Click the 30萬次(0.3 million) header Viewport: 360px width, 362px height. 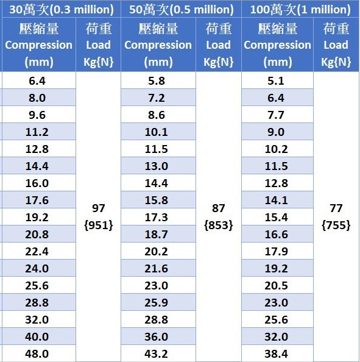click(x=62, y=10)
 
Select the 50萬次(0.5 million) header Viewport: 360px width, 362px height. click(x=182, y=10)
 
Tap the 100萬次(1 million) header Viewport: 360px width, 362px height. click(x=300, y=10)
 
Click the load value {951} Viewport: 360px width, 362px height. click(x=99, y=225)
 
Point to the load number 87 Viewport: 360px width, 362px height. click(x=218, y=208)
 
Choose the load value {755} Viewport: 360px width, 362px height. click(x=336, y=225)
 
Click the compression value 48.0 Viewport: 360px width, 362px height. click(x=37, y=353)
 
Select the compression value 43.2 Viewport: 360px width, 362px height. click(x=156, y=353)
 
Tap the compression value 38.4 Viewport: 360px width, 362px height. click(x=276, y=353)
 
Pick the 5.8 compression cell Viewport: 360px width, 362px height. click(x=157, y=81)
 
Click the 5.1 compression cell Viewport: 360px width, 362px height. click(x=276, y=81)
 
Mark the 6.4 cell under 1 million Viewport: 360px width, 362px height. click(x=276, y=98)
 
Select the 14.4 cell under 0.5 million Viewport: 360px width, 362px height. click(x=156, y=183)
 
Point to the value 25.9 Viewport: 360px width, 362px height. click(x=156, y=303)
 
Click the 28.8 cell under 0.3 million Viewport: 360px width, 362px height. click(x=37, y=303)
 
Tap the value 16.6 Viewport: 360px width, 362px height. click(x=276, y=235)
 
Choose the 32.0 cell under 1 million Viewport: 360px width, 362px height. click(x=276, y=337)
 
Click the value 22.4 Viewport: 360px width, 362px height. click(x=37, y=252)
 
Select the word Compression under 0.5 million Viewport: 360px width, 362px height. click(x=158, y=45)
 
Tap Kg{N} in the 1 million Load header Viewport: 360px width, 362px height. click(x=336, y=62)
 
